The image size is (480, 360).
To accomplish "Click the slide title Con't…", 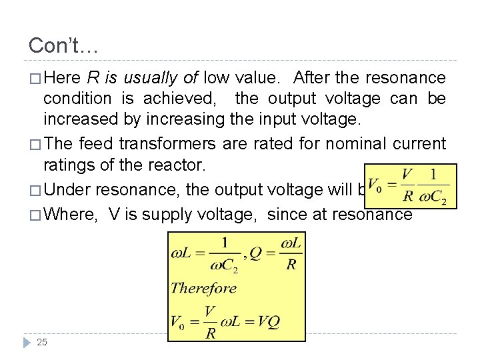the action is tap(63, 45).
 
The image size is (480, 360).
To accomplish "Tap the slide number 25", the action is tap(42, 342).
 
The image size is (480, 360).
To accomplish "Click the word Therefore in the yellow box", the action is tap(203, 288).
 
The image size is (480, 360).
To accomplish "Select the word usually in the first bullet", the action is tap(151, 78).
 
